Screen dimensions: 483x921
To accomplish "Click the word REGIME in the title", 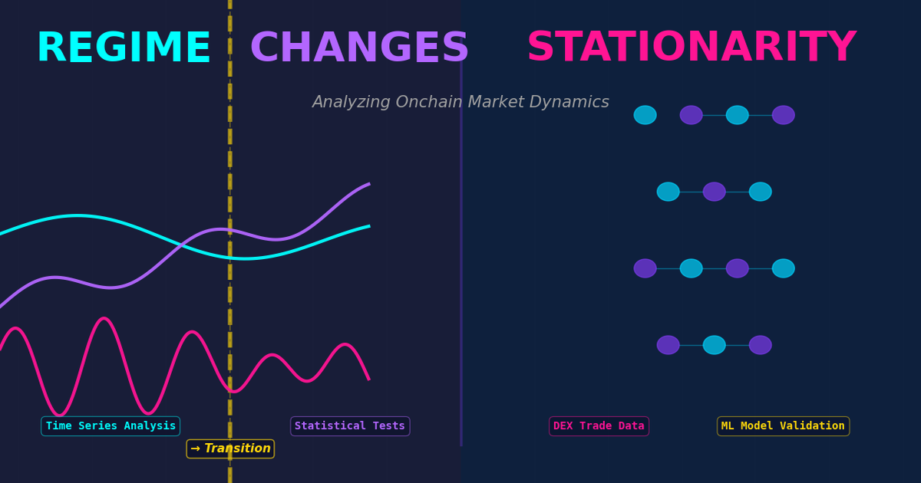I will (124, 49).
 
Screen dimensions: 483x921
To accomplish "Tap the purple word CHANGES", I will (359, 49).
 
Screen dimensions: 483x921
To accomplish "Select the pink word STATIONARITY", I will (691, 48).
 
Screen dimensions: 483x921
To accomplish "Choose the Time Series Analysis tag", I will (111, 426).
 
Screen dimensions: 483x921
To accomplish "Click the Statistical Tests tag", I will (350, 426).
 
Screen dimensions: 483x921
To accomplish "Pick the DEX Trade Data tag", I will (599, 426).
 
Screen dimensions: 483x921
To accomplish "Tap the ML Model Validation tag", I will (783, 426).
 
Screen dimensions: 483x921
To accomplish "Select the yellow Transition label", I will (236, 449).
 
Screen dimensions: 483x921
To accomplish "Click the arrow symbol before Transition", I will (195, 449).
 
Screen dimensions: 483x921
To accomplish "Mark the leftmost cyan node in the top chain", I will (645, 115).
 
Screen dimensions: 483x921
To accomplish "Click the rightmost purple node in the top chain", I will (783, 115).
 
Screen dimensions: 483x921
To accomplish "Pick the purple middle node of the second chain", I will (714, 192).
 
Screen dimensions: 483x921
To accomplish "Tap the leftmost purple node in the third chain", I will (645, 268).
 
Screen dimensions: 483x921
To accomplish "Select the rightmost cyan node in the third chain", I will (783, 268).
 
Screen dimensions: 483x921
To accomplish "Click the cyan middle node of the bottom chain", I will (714, 345).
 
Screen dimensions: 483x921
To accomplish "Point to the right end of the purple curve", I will (368, 184).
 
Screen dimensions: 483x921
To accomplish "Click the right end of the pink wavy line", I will (368, 378).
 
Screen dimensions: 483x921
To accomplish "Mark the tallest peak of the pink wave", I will (104, 319).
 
